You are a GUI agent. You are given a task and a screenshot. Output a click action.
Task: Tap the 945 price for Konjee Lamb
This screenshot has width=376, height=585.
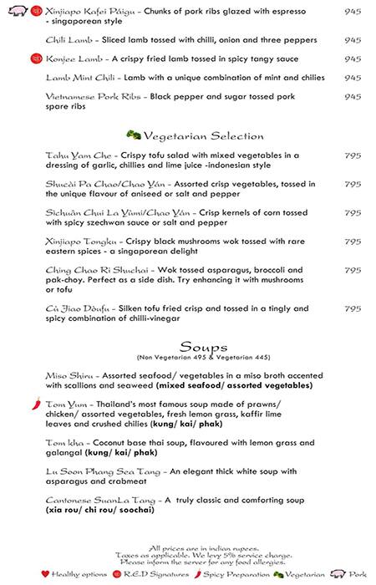pyautogui.click(x=353, y=58)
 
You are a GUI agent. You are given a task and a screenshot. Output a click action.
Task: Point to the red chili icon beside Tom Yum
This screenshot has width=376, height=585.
pyautogui.click(x=33, y=403)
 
